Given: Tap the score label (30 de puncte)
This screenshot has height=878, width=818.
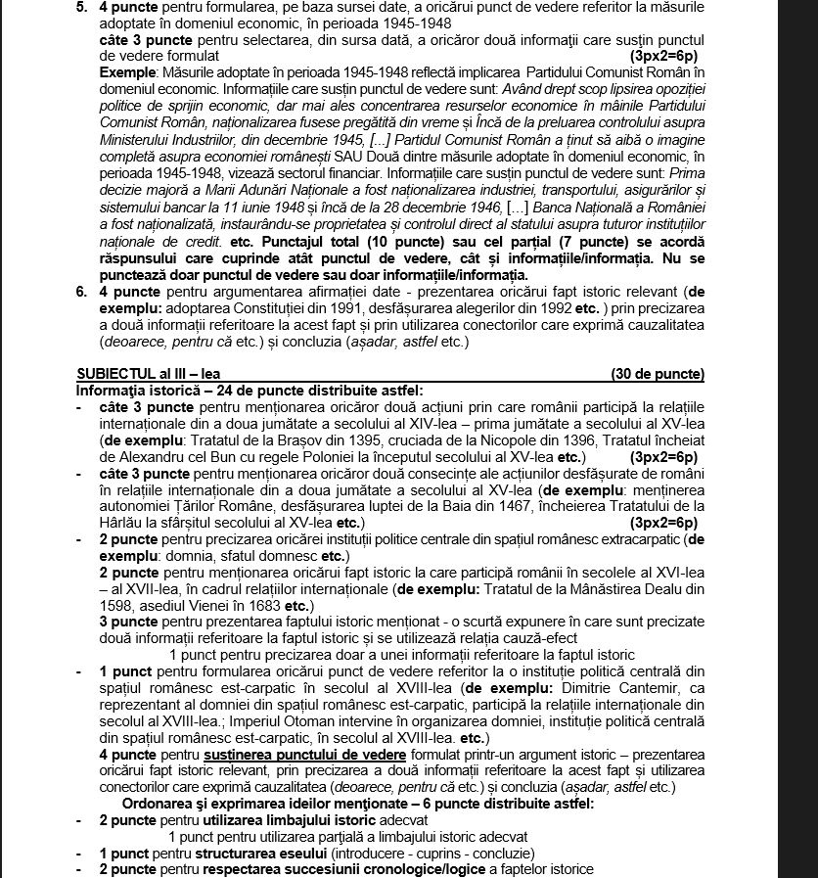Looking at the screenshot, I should point(657,375).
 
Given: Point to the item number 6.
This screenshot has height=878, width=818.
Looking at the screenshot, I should point(80,291).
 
